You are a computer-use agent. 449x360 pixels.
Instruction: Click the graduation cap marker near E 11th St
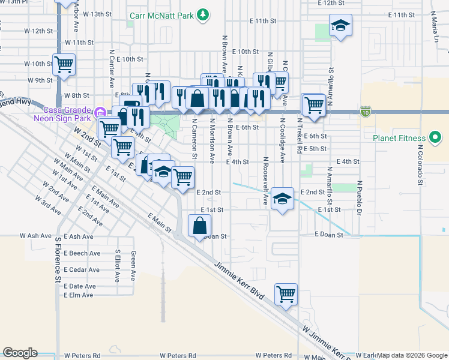coord(340,25)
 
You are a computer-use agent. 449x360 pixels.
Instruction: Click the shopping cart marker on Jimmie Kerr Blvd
coord(286,294)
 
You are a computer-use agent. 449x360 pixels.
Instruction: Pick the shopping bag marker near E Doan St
coord(199,226)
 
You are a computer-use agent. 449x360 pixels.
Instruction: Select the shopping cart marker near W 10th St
coord(64,64)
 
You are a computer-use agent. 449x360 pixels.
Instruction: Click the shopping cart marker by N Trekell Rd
coord(313,104)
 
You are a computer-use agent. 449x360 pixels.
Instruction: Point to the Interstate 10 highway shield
coord(366,112)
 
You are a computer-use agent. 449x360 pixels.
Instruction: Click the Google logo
coord(19,353)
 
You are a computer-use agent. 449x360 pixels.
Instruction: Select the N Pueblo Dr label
coord(359,197)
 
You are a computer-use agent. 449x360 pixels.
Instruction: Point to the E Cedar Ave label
coord(82,269)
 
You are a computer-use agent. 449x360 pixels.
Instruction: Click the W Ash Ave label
coord(35,236)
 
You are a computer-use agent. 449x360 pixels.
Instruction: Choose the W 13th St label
coord(98,13)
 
